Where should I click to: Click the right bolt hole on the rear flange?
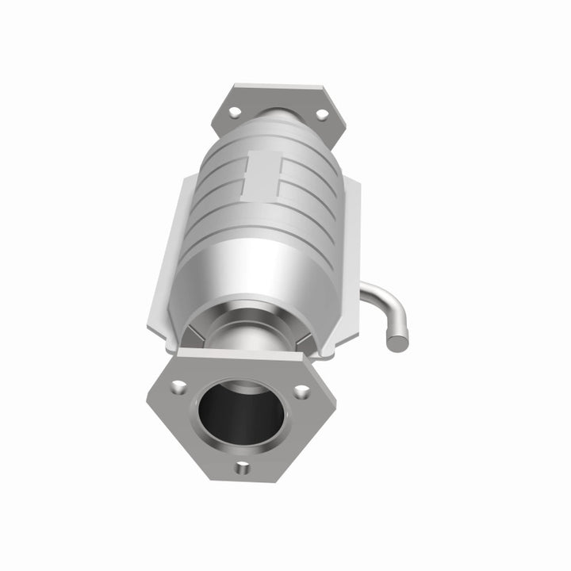pyautogui.click(x=322, y=114)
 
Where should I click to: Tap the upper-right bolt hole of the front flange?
pyautogui.click(x=301, y=391)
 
